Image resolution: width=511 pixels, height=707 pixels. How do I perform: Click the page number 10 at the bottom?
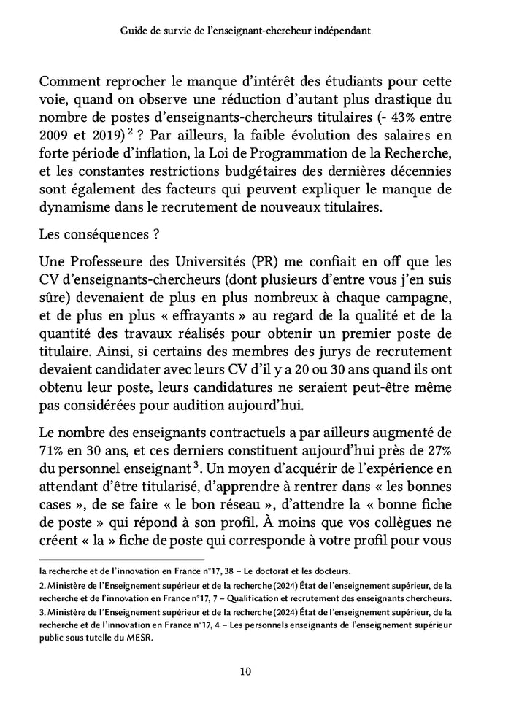click(246, 672)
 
